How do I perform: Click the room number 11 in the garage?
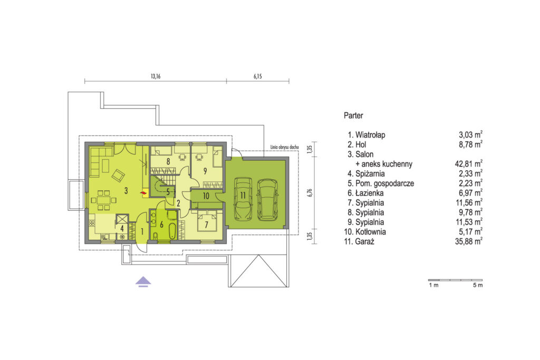[243, 196]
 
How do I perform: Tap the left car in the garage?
[243, 199]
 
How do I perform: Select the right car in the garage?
[267, 200]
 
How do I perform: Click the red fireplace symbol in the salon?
[143, 194]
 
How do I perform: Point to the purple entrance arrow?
[143, 281]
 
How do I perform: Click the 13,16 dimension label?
[156, 76]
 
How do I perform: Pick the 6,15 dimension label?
[257, 76]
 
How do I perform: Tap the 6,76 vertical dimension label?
[310, 192]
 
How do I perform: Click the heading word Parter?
[353, 115]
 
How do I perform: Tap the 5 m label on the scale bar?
[478, 285]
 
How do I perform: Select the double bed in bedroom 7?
[207, 222]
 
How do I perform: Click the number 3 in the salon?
[126, 190]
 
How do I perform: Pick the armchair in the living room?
[118, 176]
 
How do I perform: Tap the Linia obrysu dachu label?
[284, 147]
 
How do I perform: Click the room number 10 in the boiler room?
[206, 196]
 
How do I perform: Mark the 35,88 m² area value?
[468, 241]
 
